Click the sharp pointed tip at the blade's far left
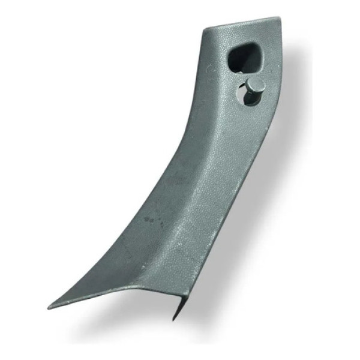click(x=50, y=305)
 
